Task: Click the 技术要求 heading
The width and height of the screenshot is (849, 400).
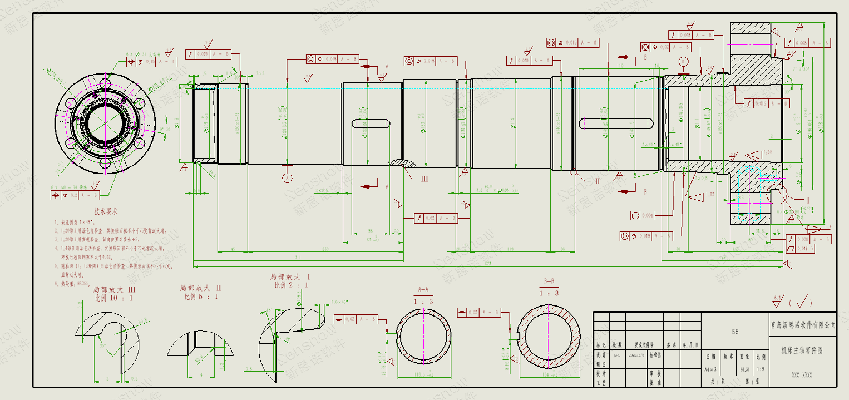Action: [x=105, y=211]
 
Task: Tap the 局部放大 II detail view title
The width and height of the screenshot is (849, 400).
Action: [x=201, y=288]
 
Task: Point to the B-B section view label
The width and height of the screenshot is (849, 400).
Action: [x=549, y=282]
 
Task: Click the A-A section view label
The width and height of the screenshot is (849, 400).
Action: [x=423, y=289]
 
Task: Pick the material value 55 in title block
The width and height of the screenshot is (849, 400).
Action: [x=735, y=332]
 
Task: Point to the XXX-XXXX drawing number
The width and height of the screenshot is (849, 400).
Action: [x=802, y=375]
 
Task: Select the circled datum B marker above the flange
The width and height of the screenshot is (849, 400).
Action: [x=683, y=61]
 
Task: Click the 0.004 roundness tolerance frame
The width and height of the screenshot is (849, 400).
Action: [x=643, y=215]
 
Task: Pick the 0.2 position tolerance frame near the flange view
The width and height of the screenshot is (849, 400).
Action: [x=75, y=195]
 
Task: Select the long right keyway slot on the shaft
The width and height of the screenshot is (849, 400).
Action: [x=615, y=123]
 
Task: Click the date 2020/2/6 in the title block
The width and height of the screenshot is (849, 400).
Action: [x=634, y=354]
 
